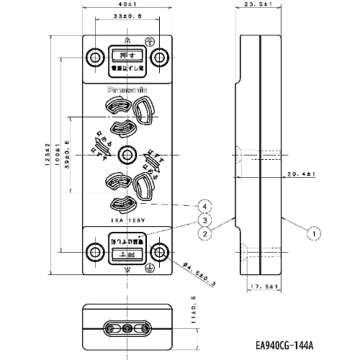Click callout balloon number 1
(x=314, y=233)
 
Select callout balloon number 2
(x=206, y=233)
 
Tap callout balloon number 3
(x=206, y=220)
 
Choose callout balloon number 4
(x=206, y=207)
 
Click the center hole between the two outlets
(x=127, y=153)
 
